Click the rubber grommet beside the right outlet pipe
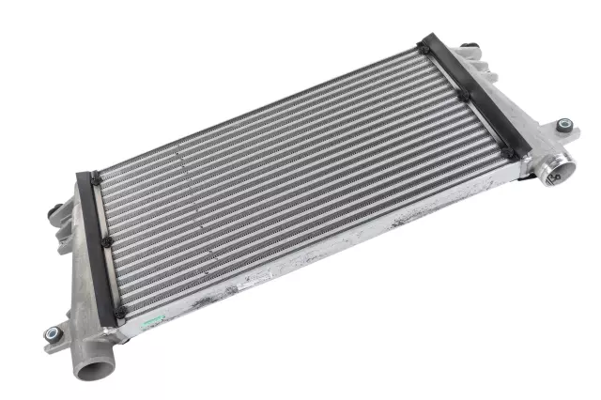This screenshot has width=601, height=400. pyautogui.click(x=563, y=125)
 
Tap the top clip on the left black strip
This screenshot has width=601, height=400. pyautogui.click(x=95, y=176)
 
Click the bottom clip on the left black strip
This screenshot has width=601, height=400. pyautogui.click(x=120, y=312)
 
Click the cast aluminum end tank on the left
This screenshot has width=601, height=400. pyautogui.click(x=83, y=263)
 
